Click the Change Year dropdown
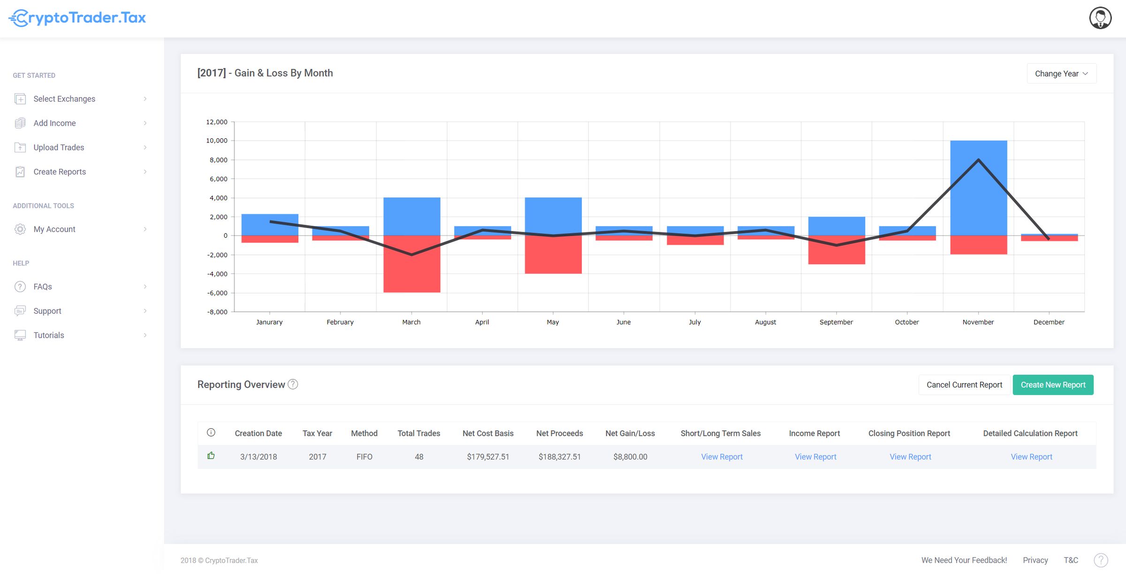[x=1061, y=74]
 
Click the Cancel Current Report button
[x=964, y=385]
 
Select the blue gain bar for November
[x=978, y=188]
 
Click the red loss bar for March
[x=411, y=264]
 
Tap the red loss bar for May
[x=553, y=255]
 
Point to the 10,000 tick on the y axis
[x=216, y=141]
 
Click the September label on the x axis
[x=836, y=322]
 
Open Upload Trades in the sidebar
[x=59, y=147]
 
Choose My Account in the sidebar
[x=54, y=229]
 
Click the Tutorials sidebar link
[x=49, y=335]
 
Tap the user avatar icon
[x=1100, y=18]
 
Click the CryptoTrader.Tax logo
[x=77, y=18]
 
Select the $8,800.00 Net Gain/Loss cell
[x=630, y=457]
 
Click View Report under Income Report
[x=815, y=457]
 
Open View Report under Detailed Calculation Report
[x=1031, y=457]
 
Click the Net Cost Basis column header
[x=487, y=433]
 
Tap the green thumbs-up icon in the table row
[x=211, y=456]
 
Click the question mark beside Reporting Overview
[x=293, y=385]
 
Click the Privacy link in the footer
[x=1035, y=560]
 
